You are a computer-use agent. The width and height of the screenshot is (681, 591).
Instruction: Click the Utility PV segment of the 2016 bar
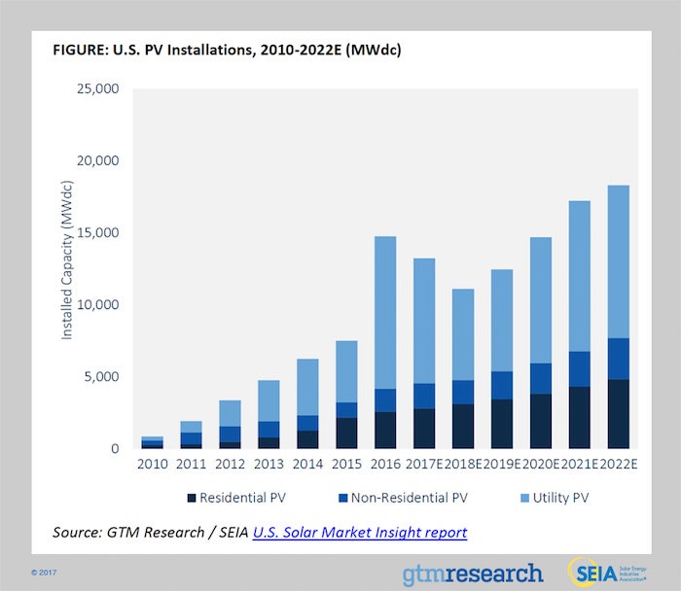385,312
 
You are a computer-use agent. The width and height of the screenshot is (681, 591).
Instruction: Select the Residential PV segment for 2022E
617,414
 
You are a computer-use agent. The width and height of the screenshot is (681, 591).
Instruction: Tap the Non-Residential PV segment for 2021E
579,369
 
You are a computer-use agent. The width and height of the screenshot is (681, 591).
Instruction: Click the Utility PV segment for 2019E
501,321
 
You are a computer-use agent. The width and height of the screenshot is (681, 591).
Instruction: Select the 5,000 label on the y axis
101,377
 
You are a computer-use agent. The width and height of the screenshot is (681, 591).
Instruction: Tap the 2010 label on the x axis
153,466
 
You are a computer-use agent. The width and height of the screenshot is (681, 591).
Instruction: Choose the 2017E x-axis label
424,466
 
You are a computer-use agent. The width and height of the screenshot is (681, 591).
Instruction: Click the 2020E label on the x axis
540,466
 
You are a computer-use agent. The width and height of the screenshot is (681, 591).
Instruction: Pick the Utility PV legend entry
558,499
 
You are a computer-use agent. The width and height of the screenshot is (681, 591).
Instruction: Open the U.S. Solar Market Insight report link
360,533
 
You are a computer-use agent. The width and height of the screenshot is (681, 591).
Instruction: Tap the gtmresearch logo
473,572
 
